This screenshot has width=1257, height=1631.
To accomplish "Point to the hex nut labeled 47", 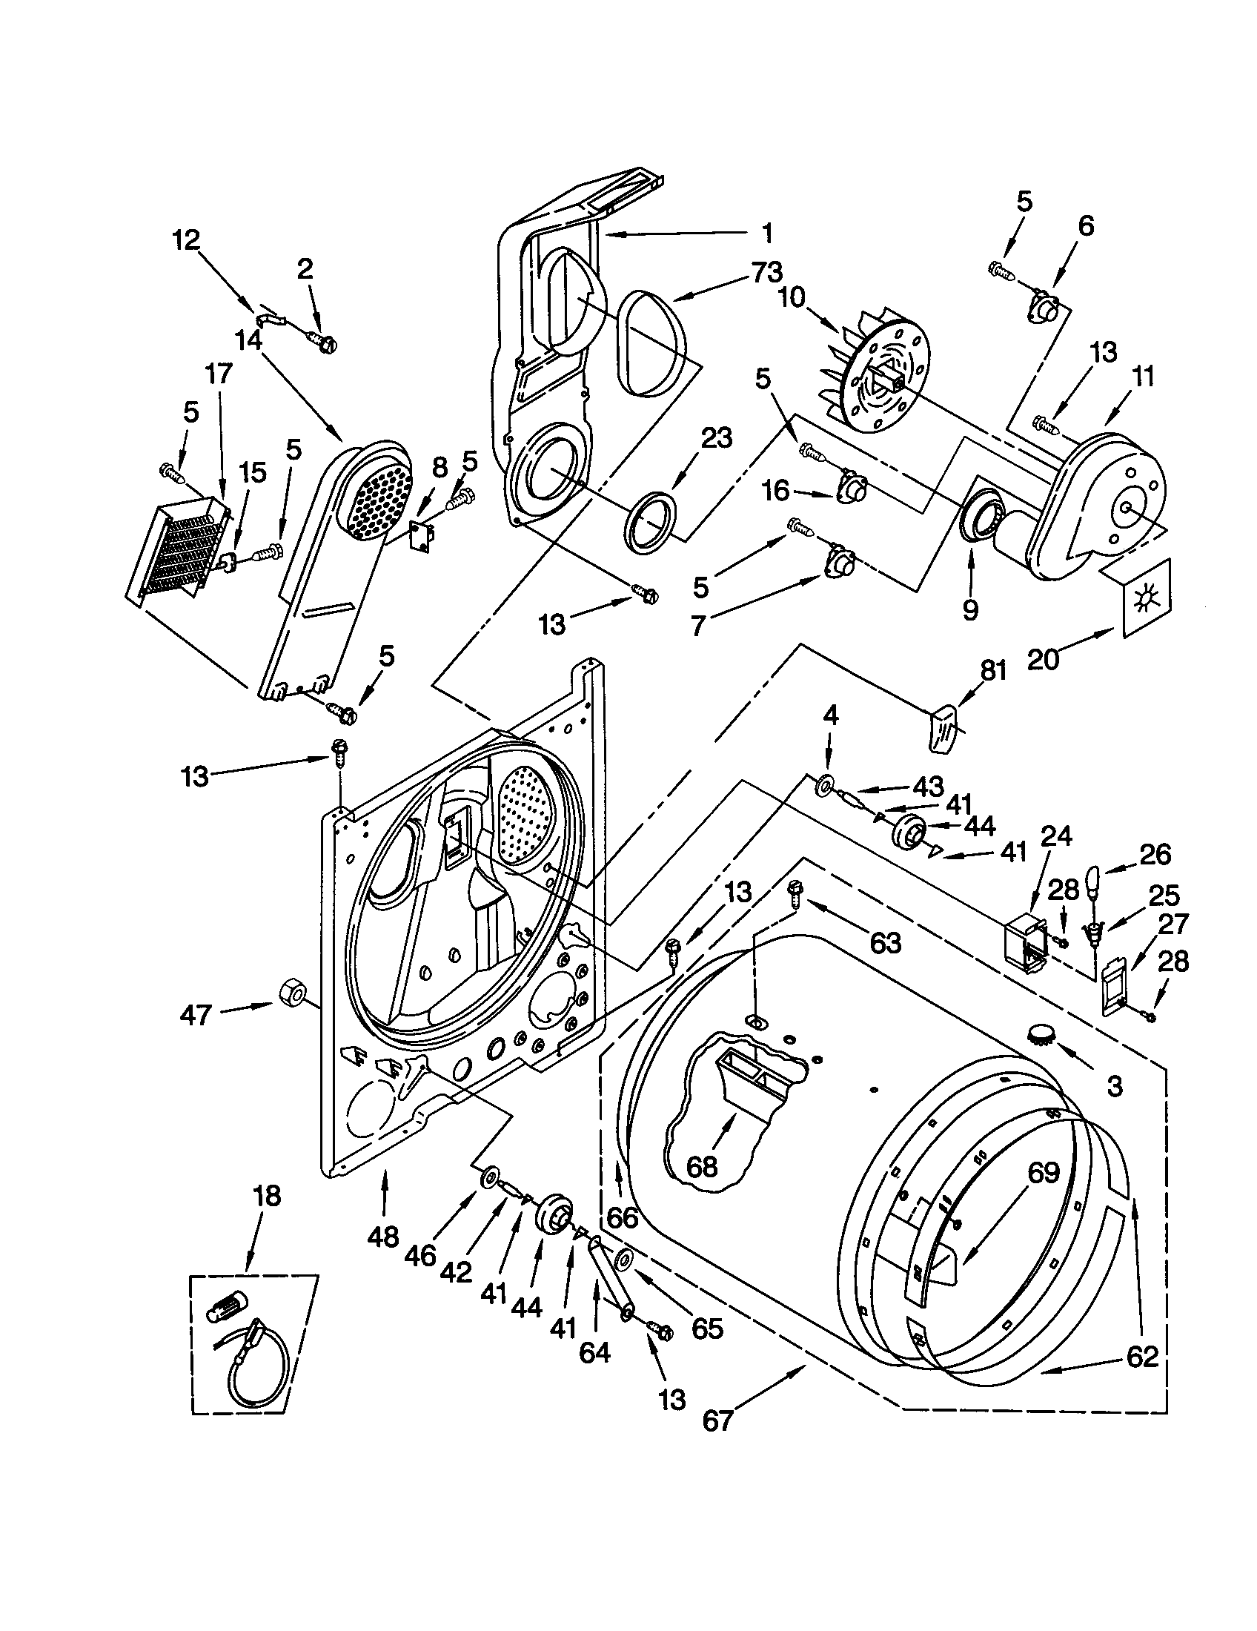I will (x=291, y=994).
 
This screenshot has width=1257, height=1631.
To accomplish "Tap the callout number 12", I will (x=186, y=239).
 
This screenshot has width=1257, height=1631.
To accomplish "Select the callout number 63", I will (x=885, y=943).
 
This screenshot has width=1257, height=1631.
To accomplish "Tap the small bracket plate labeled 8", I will (x=423, y=536).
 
